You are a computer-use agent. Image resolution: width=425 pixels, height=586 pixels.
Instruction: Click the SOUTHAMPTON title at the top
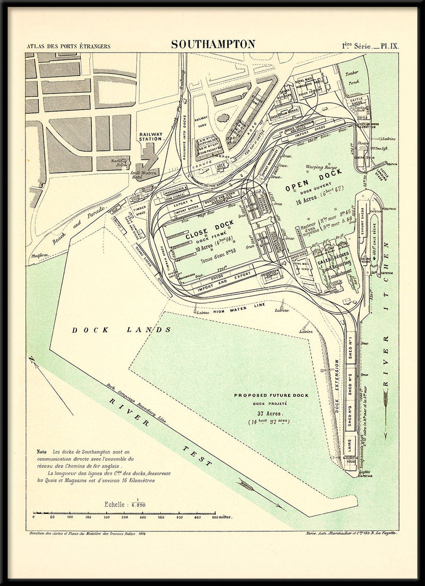point(213,44)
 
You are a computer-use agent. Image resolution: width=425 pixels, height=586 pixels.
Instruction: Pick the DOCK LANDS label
point(122,330)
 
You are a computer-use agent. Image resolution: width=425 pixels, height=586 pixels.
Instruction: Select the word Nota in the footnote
point(41,451)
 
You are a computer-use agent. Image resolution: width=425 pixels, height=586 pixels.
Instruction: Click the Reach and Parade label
point(81,222)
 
